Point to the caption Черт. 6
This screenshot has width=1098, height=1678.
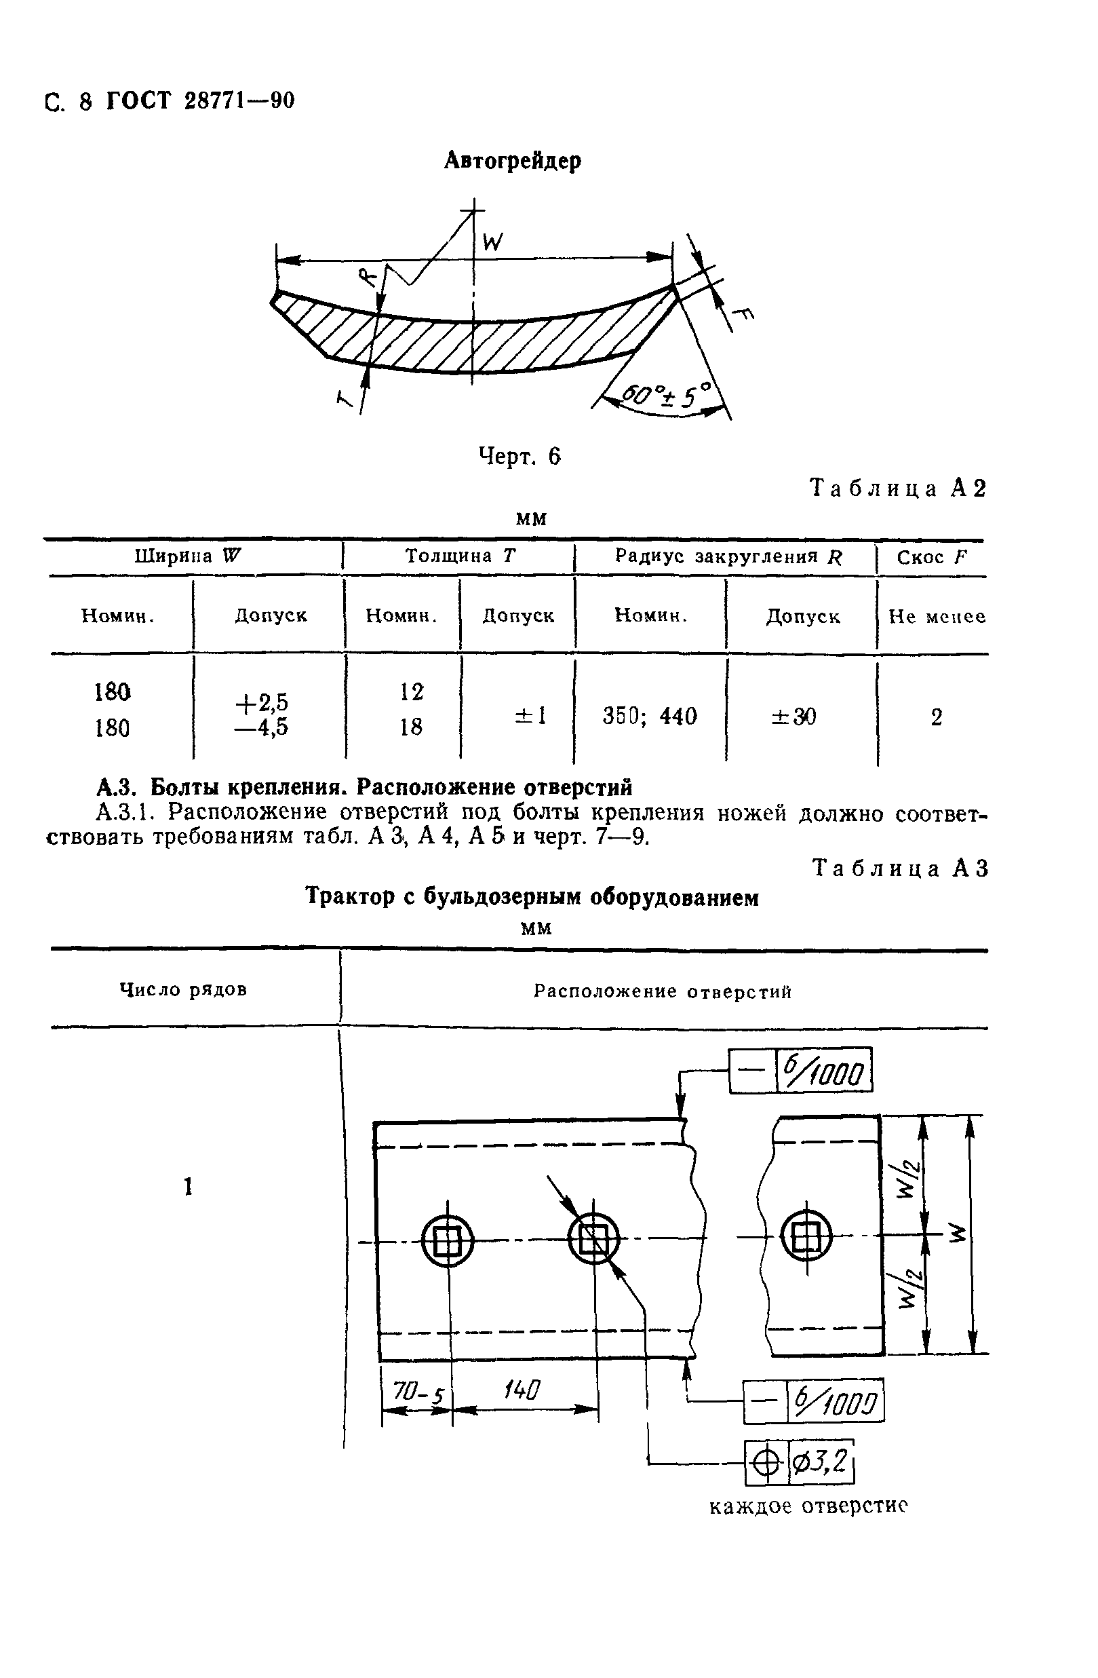[x=519, y=457]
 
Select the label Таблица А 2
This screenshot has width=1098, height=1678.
[x=898, y=488]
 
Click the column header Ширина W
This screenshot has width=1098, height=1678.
[x=187, y=556]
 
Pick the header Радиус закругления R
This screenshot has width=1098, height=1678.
[x=728, y=557]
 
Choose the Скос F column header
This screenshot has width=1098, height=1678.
[x=932, y=558]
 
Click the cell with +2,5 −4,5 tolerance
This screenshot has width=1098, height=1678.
[x=262, y=714]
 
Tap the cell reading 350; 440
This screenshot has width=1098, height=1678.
[x=649, y=717]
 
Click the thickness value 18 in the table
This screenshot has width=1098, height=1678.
[x=411, y=727]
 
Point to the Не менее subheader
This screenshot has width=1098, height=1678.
[x=936, y=617]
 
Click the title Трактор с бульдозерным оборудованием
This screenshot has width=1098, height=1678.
[x=532, y=898]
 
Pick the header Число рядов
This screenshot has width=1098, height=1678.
[x=183, y=990]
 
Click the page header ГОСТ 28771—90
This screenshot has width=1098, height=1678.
[x=200, y=102]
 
